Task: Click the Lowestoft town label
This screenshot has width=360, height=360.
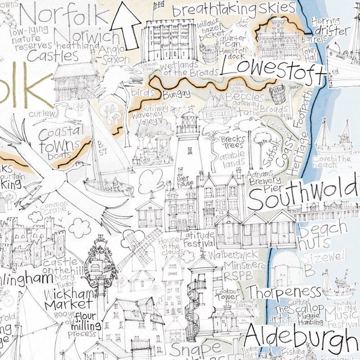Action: coord(273,69)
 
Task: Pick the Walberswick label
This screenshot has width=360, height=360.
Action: coord(237,254)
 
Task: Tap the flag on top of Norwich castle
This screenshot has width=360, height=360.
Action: coord(159,5)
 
